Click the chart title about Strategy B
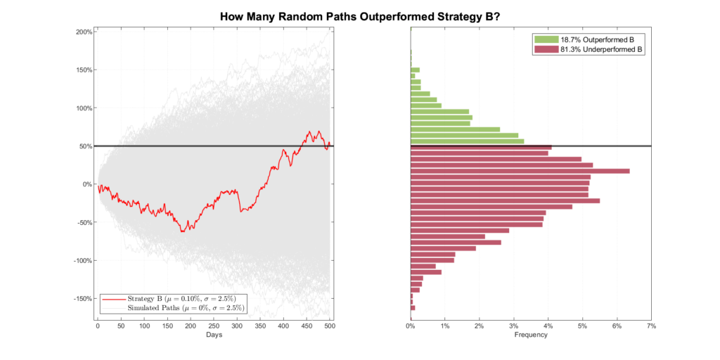[360, 16]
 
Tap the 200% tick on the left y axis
[84, 32]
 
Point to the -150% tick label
[82, 298]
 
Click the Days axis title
[214, 335]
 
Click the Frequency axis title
[531, 335]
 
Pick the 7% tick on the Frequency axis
[652, 327]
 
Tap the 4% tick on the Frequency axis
[548, 327]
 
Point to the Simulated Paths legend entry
[185, 308]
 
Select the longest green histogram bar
[467, 141]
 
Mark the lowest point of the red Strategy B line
[183, 231]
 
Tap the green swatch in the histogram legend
[546, 39]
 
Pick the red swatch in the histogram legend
[546, 50]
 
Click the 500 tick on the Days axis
[330, 327]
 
